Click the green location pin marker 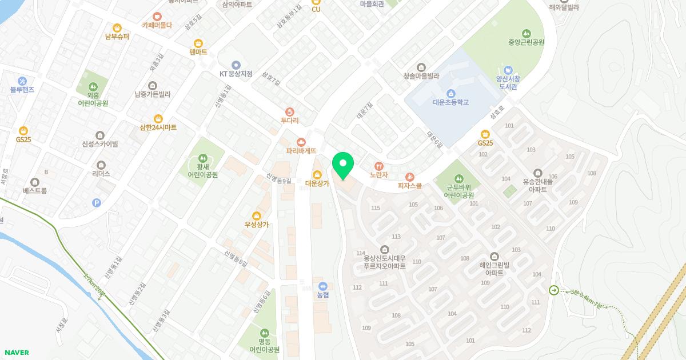click(343, 165)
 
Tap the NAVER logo click(16, 353)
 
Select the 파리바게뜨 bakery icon click(301, 142)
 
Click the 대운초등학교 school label click(450, 102)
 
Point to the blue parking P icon click(97, 202)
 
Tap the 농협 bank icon click(322, 286)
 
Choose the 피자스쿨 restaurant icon click(409, 177)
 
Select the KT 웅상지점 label click(236, 74)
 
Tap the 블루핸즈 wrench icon click(22, 81)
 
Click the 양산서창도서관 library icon click(507, 70)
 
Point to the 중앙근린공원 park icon click(525, 33)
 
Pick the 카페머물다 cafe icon click(157, 17)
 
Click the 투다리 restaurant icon click(290, 111)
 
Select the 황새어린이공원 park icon click(202, 157)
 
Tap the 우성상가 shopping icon click(257, 215)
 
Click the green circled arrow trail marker click(554, 290)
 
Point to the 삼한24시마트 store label click(158, 127)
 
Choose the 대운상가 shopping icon click(317, 174)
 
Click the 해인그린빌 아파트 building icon click(494, 256)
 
